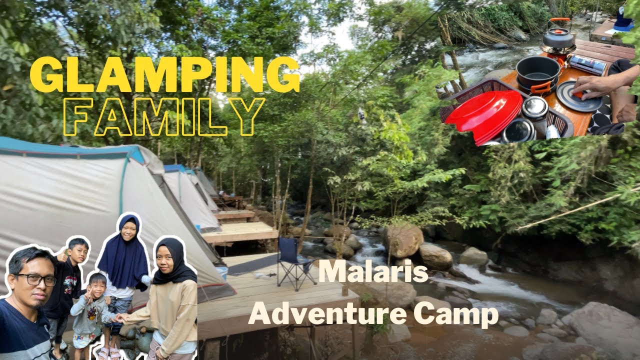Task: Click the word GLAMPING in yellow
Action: tap(164, 75)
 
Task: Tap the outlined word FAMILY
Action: tap(164, 116)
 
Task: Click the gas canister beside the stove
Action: tap(588, 64)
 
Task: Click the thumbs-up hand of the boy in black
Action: tap(62, 256)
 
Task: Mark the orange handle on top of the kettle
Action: tap(559, 21)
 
